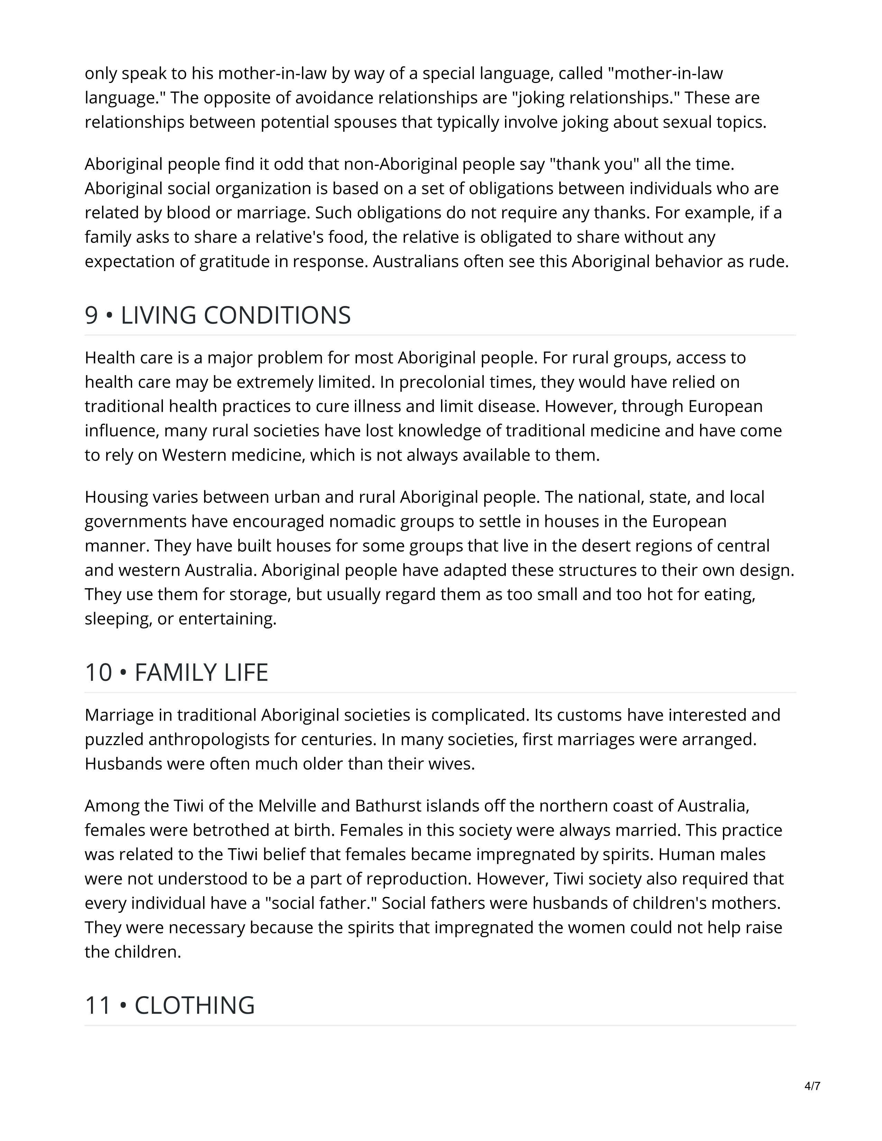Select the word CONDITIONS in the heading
click(277, 316)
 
